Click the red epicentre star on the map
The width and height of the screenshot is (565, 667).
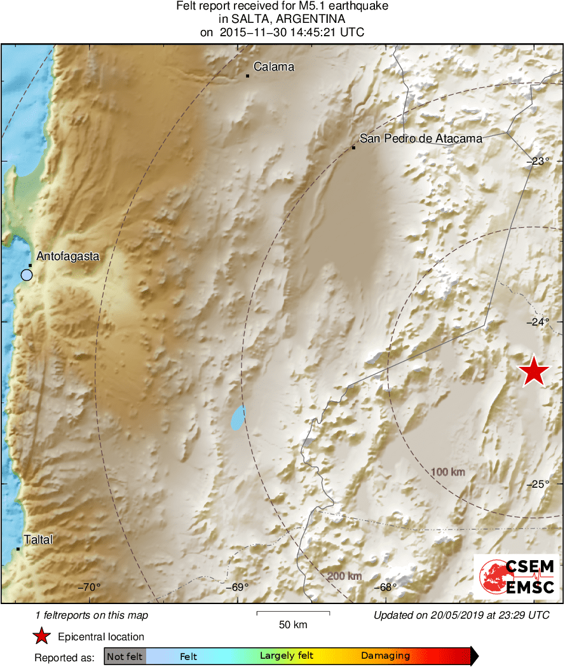(534, 372)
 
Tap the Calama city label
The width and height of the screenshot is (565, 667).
(274, 66)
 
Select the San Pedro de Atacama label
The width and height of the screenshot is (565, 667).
(421, 138)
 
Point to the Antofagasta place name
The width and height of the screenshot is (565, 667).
(68, 256)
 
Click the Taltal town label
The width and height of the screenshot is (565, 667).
(38, 540)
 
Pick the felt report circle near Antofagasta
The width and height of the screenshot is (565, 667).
(26, 275)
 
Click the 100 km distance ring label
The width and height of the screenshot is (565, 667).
(448, 472)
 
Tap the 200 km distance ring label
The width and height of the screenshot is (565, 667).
(344, 576)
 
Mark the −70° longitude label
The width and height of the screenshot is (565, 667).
(89, 587)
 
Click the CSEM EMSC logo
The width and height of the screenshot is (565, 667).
(516, 576)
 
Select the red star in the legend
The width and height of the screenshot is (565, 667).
(42, 636)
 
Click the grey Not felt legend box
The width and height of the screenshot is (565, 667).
(125, 656)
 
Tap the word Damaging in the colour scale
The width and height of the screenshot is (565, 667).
(386, 656)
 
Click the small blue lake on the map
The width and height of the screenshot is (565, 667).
(238, 418)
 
